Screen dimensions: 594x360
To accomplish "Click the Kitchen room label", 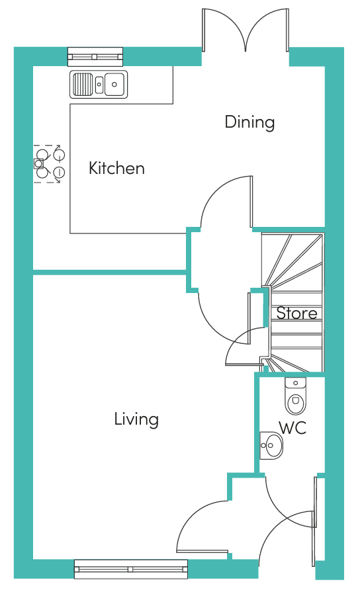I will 116,168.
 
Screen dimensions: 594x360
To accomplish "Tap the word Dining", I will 249,122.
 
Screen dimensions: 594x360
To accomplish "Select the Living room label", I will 136,419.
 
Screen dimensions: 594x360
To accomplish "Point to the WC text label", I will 292,428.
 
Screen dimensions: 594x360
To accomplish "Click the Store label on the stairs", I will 296,313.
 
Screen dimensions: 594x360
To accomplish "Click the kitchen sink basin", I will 114,84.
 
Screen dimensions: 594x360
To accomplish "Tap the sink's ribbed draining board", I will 83,84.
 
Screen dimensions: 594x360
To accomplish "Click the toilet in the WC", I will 295,397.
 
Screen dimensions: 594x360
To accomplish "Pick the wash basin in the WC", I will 272,445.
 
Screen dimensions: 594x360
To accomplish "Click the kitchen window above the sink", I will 95,57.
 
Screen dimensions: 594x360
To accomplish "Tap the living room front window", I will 130,569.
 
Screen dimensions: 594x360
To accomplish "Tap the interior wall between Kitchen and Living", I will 109,271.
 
